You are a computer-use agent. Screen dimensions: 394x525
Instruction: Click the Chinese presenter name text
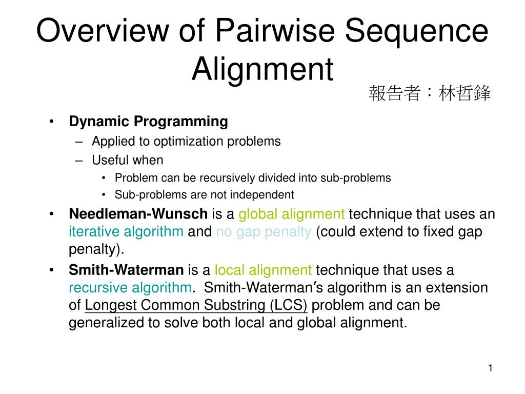[x=429, y=94]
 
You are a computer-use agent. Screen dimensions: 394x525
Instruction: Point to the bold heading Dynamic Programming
[x=148, y=122]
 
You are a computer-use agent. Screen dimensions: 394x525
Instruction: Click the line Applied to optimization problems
[x=186, y=141]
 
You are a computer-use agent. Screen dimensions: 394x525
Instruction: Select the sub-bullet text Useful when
[x=127, y=160]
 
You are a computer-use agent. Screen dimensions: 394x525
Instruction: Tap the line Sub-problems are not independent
[x=204, y=194]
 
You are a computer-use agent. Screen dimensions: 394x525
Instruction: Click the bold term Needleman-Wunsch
[x=138, y=213]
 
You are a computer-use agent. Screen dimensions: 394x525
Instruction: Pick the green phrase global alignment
[x=292, y=213]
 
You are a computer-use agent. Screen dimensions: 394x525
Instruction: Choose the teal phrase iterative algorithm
[x=126, y=231]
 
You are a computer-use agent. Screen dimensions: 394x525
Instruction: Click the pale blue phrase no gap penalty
[x=264, y=231]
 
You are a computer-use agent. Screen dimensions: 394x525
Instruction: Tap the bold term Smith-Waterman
[x=126, y=270]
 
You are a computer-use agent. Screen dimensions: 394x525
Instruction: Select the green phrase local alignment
[x=263, y=270]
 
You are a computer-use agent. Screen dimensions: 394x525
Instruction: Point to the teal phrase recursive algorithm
[x=130, y=287]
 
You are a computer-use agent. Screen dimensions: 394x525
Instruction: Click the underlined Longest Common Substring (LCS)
[x=196, y=305]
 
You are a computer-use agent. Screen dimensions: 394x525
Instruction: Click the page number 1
[x=490, y=368]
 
